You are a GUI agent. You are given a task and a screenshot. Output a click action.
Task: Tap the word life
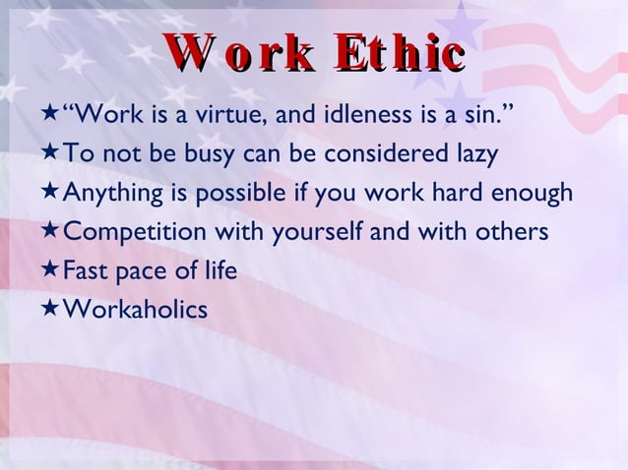click(218, 271)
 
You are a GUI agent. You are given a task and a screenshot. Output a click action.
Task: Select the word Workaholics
click(135, 310)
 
